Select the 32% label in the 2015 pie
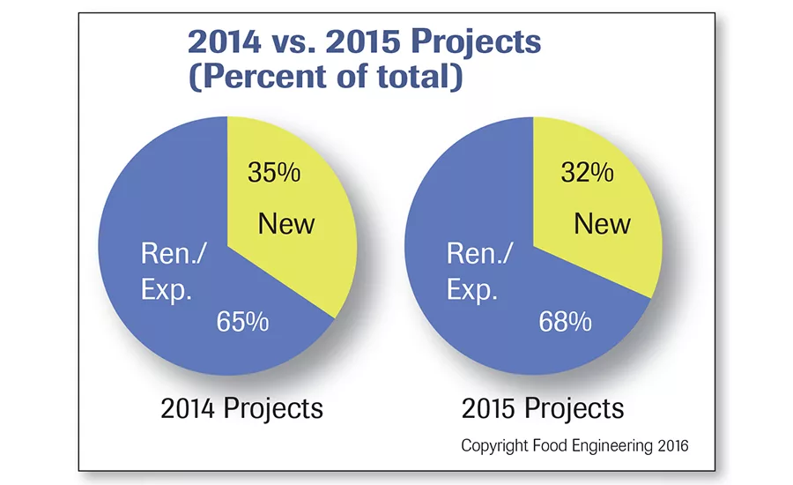(x=588, y=173)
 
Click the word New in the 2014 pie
(x=285, y=224)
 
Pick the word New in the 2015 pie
(x=603, y=224)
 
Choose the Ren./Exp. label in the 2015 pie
(x=480, y=272)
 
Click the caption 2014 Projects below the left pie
(x=241, y=408)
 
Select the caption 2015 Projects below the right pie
(x=543, y=408)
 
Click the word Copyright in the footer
(x=495, y=446)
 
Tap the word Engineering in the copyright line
(x=611, y=446)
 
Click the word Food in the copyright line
(x=551, y=446)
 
